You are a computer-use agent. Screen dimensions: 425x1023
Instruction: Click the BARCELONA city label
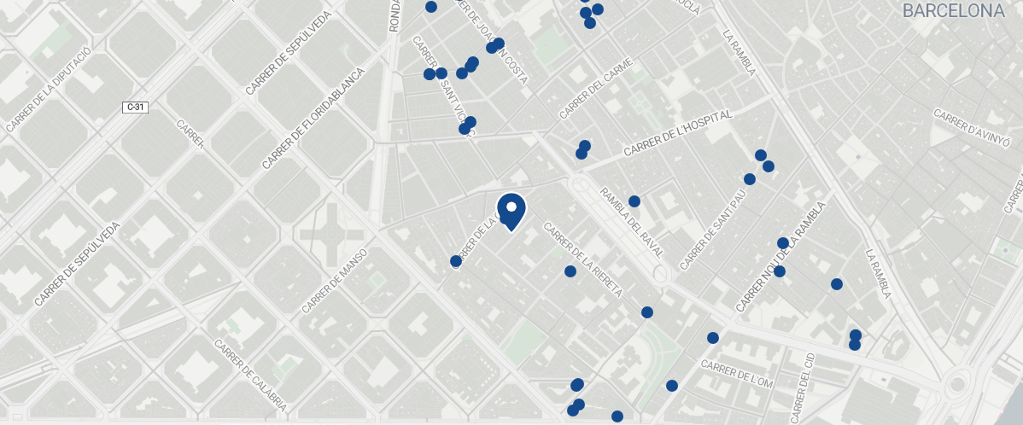pyautogui.click(x=953, y=11)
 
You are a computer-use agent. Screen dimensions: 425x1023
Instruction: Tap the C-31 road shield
pyautogui.click(x=135, y=107)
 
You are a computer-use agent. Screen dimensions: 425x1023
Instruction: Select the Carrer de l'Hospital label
pyautogui.click(x=678, y=133)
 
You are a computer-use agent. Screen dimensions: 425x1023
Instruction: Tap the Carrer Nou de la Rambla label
pyautogui.click(x=782, y=257)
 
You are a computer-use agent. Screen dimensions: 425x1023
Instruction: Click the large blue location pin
pyautogui.click(x=511, y=211)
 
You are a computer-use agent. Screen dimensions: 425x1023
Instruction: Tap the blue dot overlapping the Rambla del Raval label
pyautogui.click(x=634, y=201)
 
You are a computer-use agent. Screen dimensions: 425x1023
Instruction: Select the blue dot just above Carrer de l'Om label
pyautogui.click(x=713, y=338)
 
